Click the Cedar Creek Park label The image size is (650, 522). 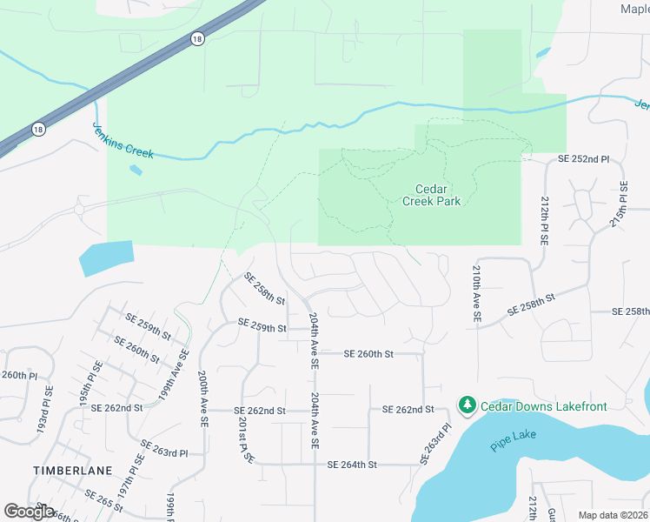431,195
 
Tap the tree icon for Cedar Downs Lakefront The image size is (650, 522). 468,405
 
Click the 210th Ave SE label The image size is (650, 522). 477,295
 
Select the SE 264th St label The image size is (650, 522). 352,465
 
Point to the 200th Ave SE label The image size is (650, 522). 202,398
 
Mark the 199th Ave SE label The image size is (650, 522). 173,376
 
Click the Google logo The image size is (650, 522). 30,512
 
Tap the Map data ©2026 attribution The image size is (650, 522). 613,515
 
